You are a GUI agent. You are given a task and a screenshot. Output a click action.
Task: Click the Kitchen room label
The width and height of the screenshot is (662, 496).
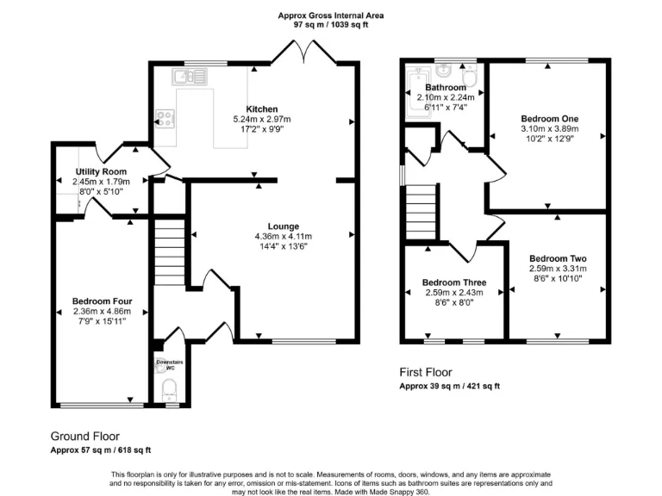point(255,109)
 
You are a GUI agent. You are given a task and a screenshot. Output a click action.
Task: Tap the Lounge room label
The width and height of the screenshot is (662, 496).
point(283,226)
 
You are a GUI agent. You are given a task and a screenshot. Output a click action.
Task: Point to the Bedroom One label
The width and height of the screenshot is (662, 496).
point(549,119)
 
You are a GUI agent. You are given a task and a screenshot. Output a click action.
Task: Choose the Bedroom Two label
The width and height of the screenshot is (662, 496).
point(557,258)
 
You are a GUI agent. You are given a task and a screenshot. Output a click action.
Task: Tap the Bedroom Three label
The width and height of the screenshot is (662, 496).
point(453,282)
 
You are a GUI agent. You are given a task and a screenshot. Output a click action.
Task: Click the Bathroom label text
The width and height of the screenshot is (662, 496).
point(445,88)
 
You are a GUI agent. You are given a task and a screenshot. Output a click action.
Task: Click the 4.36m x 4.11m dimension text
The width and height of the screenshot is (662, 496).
point(283,237)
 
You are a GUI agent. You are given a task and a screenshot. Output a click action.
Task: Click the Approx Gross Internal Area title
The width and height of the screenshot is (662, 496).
point(331,15)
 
